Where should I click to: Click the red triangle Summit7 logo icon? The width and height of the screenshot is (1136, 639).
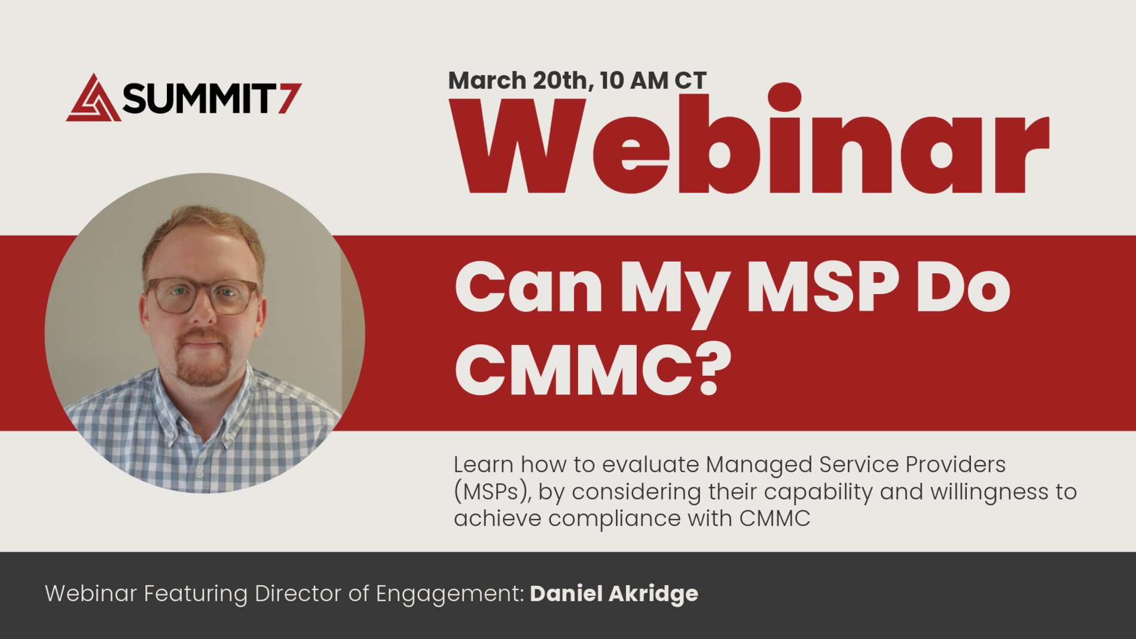pyautogui.click(x=93, y=99)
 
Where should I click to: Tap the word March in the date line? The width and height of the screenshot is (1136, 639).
pyautogui.click(x=487, y=80)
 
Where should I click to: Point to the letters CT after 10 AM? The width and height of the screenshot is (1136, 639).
pyautogui.click(x=691, y=80)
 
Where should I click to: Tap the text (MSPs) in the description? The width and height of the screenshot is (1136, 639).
pyautogui.click(x=491, y=492)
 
